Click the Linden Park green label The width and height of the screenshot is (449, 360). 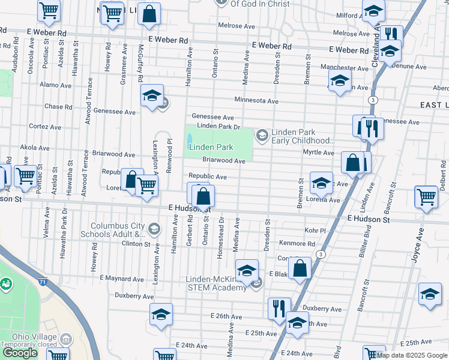point(211,147)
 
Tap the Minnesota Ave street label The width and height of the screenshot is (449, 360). point(256,101)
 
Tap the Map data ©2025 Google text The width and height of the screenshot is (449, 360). point(412,355)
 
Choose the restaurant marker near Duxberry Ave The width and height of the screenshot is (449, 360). point(279,309)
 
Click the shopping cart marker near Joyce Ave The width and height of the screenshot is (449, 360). point(426,198)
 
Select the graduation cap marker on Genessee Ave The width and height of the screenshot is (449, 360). point(152,95)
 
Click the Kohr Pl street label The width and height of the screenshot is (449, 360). point(314,230)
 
